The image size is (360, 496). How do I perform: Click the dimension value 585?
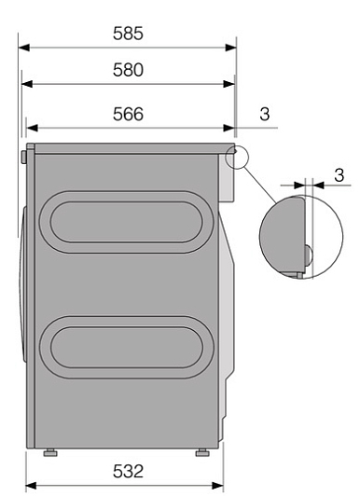(x=128, y=34)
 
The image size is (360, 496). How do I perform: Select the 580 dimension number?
(x=128, y=70)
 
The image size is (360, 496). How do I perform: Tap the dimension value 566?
(x=128, y=114)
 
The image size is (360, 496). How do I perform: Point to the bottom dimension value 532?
(x=128, y=472)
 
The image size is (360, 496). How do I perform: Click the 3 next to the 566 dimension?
(x=265, y=114)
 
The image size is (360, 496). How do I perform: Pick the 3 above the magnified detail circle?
(x=339, y=175)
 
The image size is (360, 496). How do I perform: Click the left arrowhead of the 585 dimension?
(x=24, y=48)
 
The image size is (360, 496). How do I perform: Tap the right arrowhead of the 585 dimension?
(x=231, y=48)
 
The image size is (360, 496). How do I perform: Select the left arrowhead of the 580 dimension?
(x=27, y=84)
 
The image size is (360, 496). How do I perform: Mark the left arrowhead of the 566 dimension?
(x=32, y=128)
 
